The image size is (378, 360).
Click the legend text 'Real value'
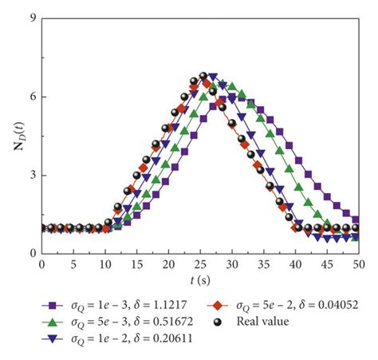261,322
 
